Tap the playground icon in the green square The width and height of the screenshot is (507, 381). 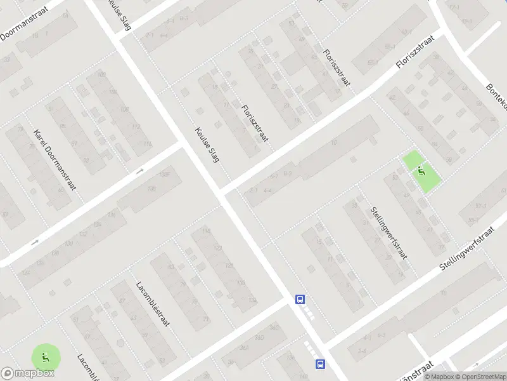(x=421, y=171)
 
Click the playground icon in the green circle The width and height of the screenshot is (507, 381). (x=44, y=357)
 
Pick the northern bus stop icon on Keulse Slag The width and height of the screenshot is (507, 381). (x=300, y=299)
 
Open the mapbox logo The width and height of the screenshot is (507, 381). (x=28, y=373)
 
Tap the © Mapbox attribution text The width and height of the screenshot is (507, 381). (x=437, y=377)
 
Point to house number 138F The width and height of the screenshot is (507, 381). (x=165, y=175)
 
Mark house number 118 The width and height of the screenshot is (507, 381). (x=205, y=231)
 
